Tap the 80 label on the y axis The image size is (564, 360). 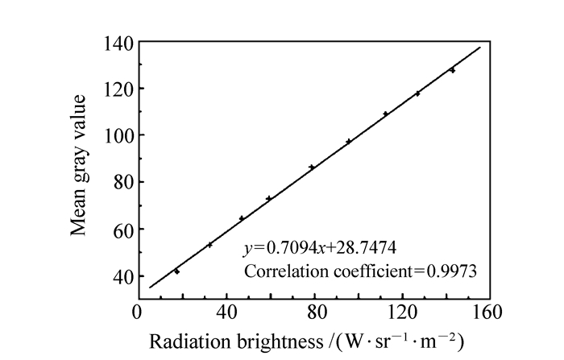tap(120, 182)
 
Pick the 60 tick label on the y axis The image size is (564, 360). tap(120, 229)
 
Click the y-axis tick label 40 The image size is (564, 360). tap(120, 276)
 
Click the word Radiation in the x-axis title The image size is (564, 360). tap(185, 339)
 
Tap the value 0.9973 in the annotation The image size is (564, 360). tap(454, 271)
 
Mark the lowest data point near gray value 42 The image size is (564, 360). tap(176, 271)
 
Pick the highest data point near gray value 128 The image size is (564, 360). tap(452, 70)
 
